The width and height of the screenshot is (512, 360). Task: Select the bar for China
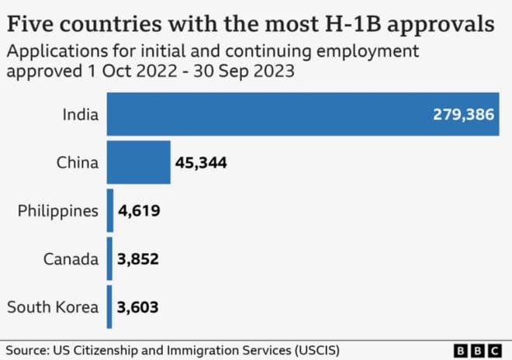138,162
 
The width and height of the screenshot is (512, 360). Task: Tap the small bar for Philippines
110,210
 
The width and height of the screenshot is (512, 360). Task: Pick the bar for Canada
110,258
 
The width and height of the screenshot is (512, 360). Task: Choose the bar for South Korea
110,306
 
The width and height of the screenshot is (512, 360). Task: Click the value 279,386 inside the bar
462,115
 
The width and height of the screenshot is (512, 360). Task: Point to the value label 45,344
204,163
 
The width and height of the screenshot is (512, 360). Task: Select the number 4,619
139,211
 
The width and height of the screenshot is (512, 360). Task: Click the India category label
81,115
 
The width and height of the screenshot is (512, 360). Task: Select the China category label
78,163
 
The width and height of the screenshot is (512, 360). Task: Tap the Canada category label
71,259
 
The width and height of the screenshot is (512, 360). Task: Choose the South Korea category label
53,307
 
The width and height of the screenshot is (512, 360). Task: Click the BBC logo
481,349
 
